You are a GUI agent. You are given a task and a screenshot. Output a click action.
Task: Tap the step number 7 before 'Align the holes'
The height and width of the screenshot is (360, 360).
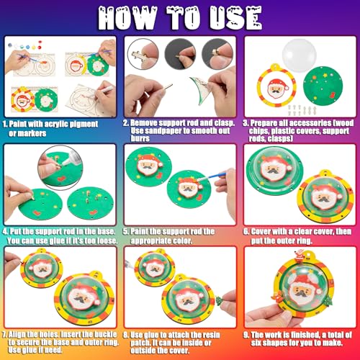pos(6,334)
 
